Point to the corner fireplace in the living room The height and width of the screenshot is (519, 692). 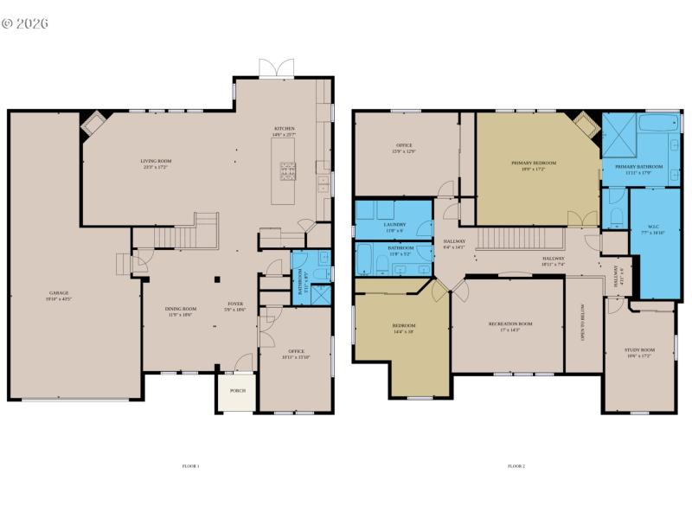pos(93,123)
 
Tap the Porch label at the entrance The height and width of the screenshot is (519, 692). pos(237,391)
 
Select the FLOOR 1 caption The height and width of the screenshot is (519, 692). pos(190,466)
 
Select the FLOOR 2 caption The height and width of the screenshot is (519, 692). pos(516,466)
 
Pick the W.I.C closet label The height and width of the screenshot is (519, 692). pos(652,229)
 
